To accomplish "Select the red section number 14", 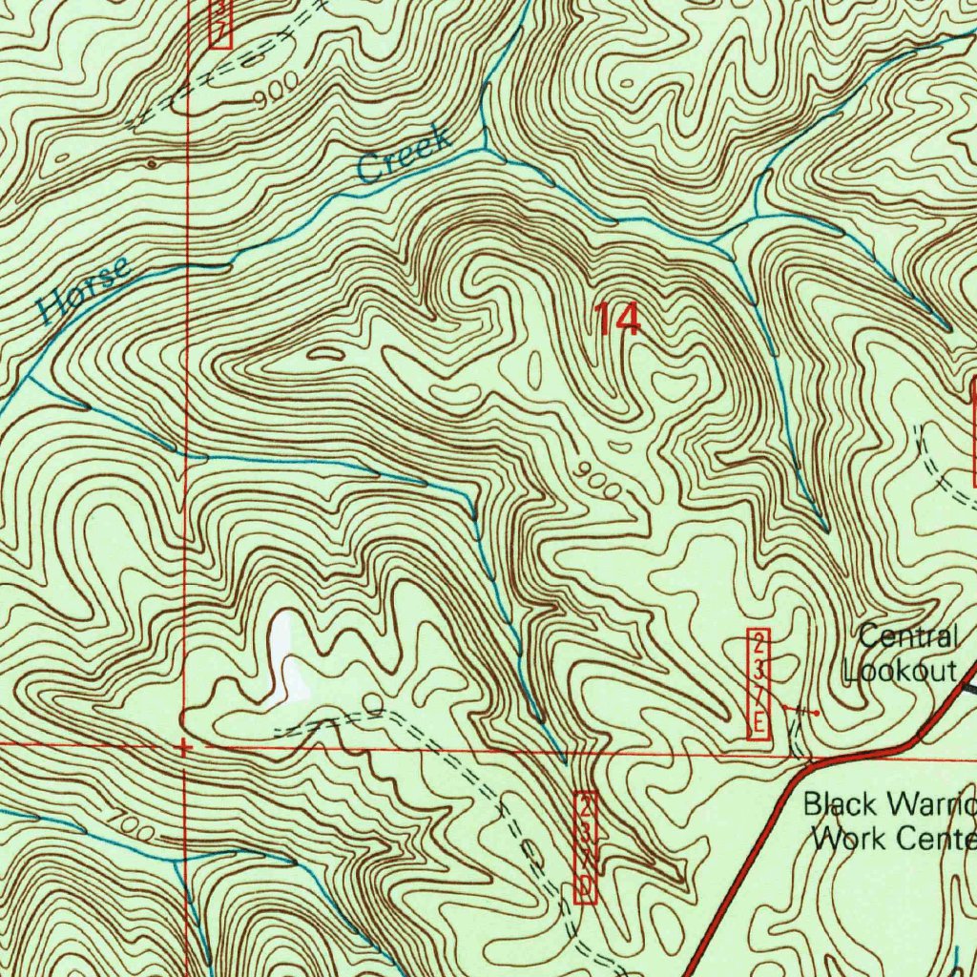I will tap(616, 320).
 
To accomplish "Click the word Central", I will tap(907, 637).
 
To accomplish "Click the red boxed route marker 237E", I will tap(759, 682).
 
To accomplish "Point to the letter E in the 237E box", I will tap(759, 724).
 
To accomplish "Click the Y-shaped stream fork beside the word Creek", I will tap(486, 147).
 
